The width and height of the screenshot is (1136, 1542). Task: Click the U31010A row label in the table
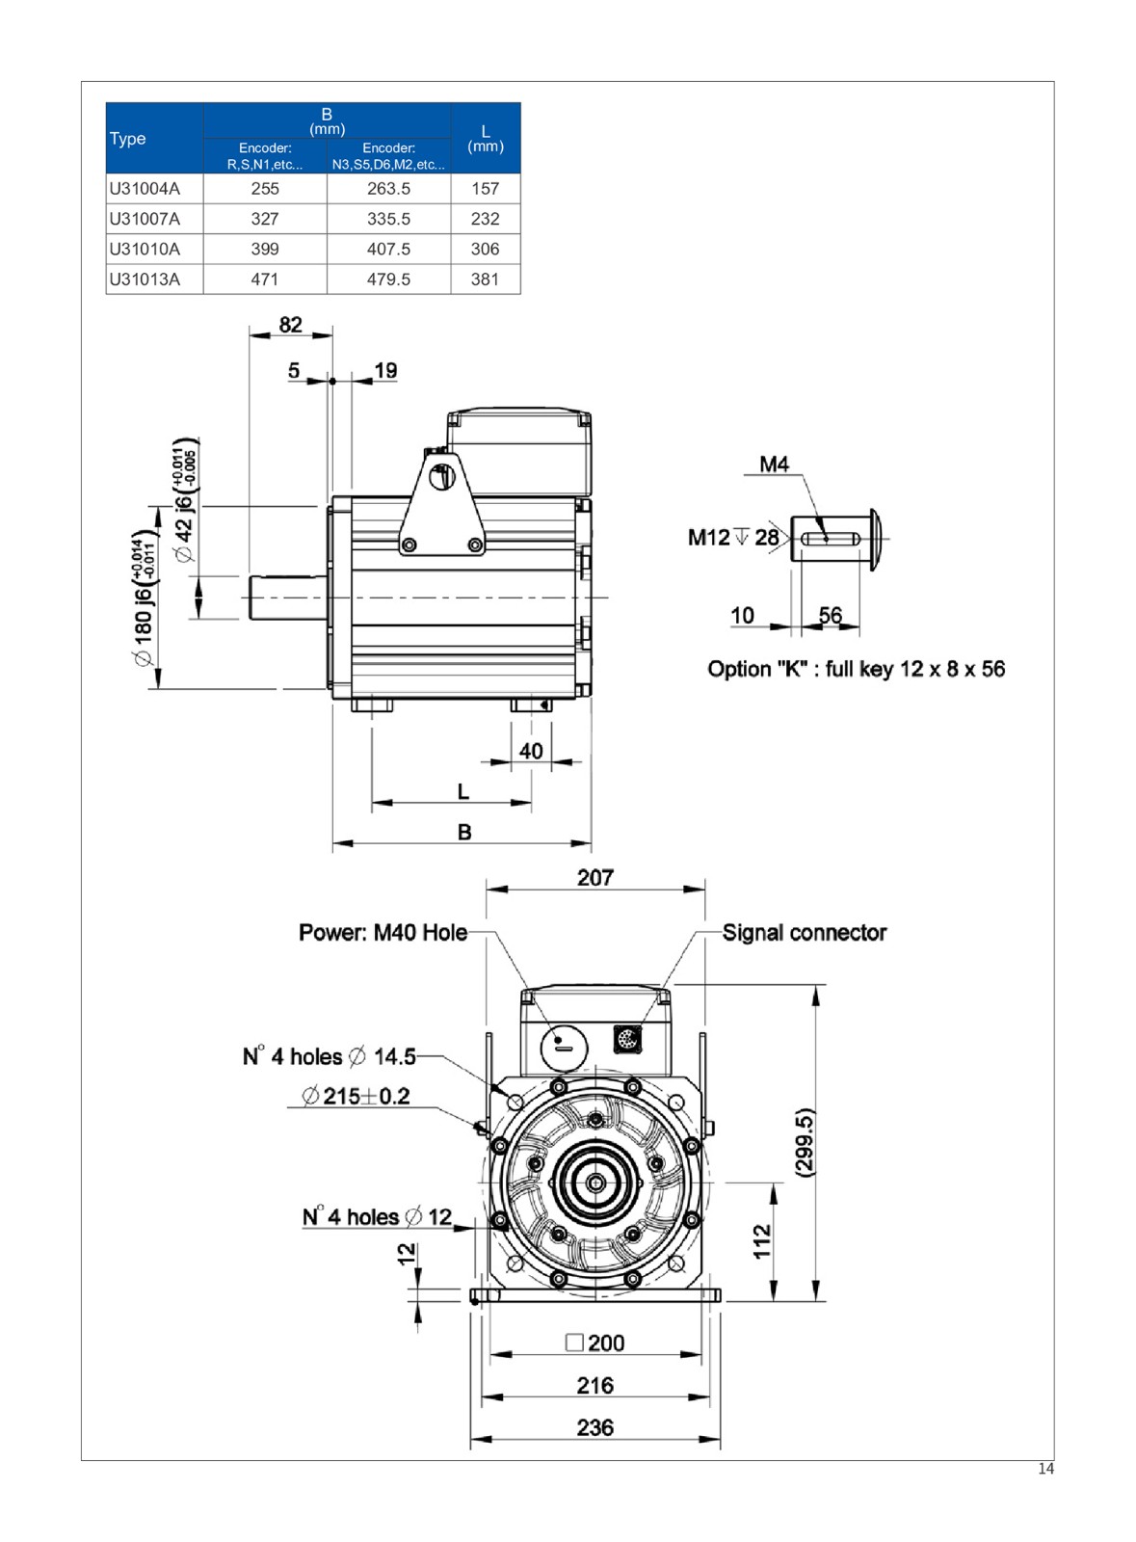coord(145,249)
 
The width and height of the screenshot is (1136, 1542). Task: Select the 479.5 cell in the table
coord(388,279)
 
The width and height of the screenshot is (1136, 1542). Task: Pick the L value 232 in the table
coord(485,219)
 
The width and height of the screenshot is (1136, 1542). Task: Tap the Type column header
coord(128,138)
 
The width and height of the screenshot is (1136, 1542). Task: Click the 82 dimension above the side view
coord(290,325)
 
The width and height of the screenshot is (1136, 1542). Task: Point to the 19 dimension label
coord(385,371)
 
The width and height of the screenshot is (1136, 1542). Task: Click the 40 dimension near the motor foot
coord(531,751)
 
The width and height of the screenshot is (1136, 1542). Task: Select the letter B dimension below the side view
coord(464,832)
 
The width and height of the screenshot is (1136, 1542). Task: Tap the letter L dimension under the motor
coord(463,792)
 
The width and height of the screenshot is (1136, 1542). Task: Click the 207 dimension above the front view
coord(595,878)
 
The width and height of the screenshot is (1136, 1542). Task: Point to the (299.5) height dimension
coord(806,1141)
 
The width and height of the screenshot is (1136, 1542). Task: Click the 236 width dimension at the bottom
coord(595,1427)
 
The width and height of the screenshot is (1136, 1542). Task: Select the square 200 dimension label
coord(595,1343)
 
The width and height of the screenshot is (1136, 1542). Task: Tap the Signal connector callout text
coord(805,933)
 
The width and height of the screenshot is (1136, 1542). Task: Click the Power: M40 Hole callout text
coord(383,933)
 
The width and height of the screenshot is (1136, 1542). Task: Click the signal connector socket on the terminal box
coord(627,1040)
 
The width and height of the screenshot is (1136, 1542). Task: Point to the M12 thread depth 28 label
coord(733,538)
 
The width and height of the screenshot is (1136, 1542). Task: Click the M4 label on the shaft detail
coord(774,465)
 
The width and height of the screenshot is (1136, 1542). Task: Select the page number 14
coord(1046,1470)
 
